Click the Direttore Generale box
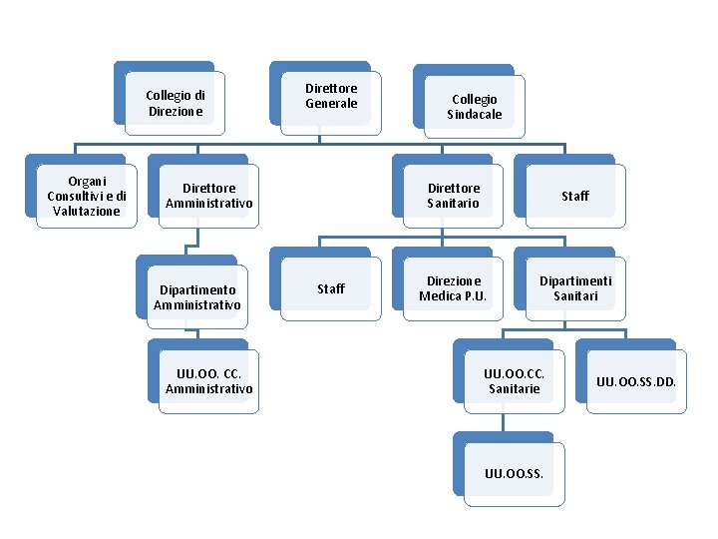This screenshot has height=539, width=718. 330,97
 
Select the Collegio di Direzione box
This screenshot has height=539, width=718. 176,104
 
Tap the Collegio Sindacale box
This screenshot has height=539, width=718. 474,107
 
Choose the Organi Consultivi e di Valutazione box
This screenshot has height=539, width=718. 86,197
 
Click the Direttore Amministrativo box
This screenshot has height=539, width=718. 208,196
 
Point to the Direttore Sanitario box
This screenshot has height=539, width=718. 453,196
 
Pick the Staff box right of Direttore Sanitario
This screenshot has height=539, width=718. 574,196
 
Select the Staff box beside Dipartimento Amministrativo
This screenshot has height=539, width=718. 330,289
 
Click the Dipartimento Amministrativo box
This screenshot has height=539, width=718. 197,297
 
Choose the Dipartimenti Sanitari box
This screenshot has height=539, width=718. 574,288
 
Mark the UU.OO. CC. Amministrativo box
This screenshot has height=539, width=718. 208,381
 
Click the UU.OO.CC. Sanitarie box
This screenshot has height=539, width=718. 514,381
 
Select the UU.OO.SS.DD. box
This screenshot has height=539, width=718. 635,381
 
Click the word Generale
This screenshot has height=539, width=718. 330,104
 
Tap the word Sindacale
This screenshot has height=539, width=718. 474,115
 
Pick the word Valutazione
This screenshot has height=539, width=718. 86,212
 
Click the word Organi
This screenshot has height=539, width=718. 86,182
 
